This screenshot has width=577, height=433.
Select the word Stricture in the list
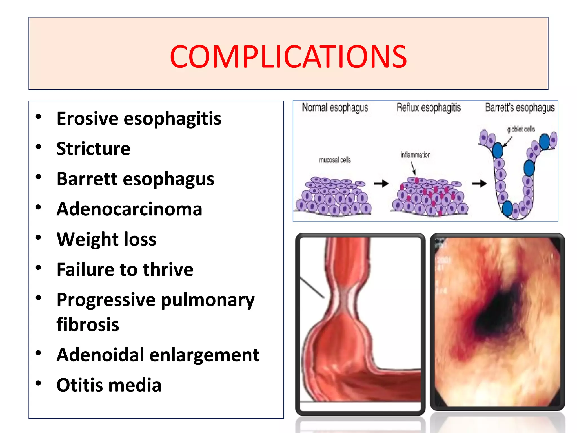[93, 149]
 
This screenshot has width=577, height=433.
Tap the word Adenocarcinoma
[129, 209]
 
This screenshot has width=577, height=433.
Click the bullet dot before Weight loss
[39, 237]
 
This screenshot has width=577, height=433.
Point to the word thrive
[168, 269]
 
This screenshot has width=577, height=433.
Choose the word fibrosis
[88, 324]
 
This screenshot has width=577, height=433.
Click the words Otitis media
[109, 385]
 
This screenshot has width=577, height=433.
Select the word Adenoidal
[100, 355]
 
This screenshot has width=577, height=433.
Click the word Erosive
[87, 118]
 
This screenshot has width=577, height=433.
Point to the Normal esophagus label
[335, 108]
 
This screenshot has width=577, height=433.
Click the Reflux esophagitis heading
[429, 108]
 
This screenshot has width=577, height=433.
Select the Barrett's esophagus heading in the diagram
[520, 108]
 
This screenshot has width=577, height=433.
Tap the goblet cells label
[521, 129]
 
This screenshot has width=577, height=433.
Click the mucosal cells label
[335, 160]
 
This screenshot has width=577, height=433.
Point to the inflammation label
[416, 155]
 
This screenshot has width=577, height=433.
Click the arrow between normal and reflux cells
[381, 184]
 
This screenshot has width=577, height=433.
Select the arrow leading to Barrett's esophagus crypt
[479, 184]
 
